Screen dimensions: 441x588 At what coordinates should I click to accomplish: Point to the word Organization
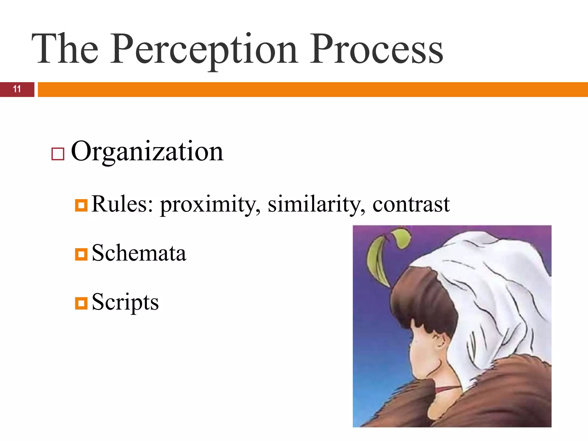(147, 152)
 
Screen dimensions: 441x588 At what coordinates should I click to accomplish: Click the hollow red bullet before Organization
(58, 154)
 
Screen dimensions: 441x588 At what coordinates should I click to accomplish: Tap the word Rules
(122, 204)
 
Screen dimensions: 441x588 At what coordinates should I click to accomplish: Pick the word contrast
(411, 205)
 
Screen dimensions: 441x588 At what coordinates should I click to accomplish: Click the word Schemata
(139, 253)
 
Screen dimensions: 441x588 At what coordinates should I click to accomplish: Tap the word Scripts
(125, 303)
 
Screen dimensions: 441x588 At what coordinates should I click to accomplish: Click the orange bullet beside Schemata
(81, 254)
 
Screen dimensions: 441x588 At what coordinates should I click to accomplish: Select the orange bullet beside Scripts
(81, 303)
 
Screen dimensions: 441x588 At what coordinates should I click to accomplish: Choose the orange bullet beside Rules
(81, 206)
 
